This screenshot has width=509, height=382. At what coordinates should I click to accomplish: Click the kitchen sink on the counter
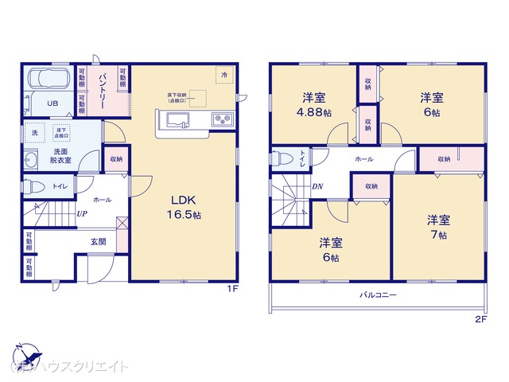tap(177, 120)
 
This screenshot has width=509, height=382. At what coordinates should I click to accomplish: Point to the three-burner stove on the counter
tap(221, 120)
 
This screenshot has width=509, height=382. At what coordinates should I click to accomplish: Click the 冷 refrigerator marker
tap(224, 75)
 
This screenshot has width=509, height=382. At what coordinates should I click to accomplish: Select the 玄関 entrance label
tap(88, 242)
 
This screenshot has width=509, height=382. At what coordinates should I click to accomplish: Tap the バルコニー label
tap(378, 294)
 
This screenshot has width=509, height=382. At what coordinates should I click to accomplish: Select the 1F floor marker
tap(231, 289)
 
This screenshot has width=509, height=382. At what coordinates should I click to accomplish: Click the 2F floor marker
tap(480, 319)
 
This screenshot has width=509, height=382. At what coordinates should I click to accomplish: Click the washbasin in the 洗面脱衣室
tap(32, 157)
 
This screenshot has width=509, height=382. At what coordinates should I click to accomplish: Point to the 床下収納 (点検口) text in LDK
tap(177, 99)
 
